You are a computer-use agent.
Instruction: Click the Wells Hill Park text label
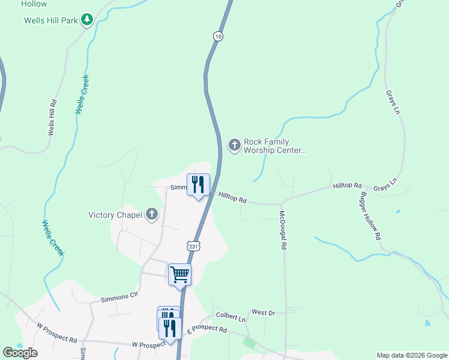(51, 20)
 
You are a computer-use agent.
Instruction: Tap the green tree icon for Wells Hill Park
(87, 20)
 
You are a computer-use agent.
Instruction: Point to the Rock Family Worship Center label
(275, 146)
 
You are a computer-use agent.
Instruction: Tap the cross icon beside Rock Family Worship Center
(234, 145)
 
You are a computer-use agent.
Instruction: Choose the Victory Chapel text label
(115, 214)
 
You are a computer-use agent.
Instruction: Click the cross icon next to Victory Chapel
(152, 214)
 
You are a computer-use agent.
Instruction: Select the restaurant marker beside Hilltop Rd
(199, 185)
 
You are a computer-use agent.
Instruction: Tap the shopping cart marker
(179, 275)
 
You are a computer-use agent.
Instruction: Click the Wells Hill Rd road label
(53, 117)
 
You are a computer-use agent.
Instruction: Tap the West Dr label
(263, 313)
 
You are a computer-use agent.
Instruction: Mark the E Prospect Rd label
(206, 330)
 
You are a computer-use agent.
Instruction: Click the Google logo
(20, 353)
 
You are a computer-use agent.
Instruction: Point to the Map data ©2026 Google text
(411, 355)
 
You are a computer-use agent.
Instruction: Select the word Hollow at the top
(34, 4)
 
